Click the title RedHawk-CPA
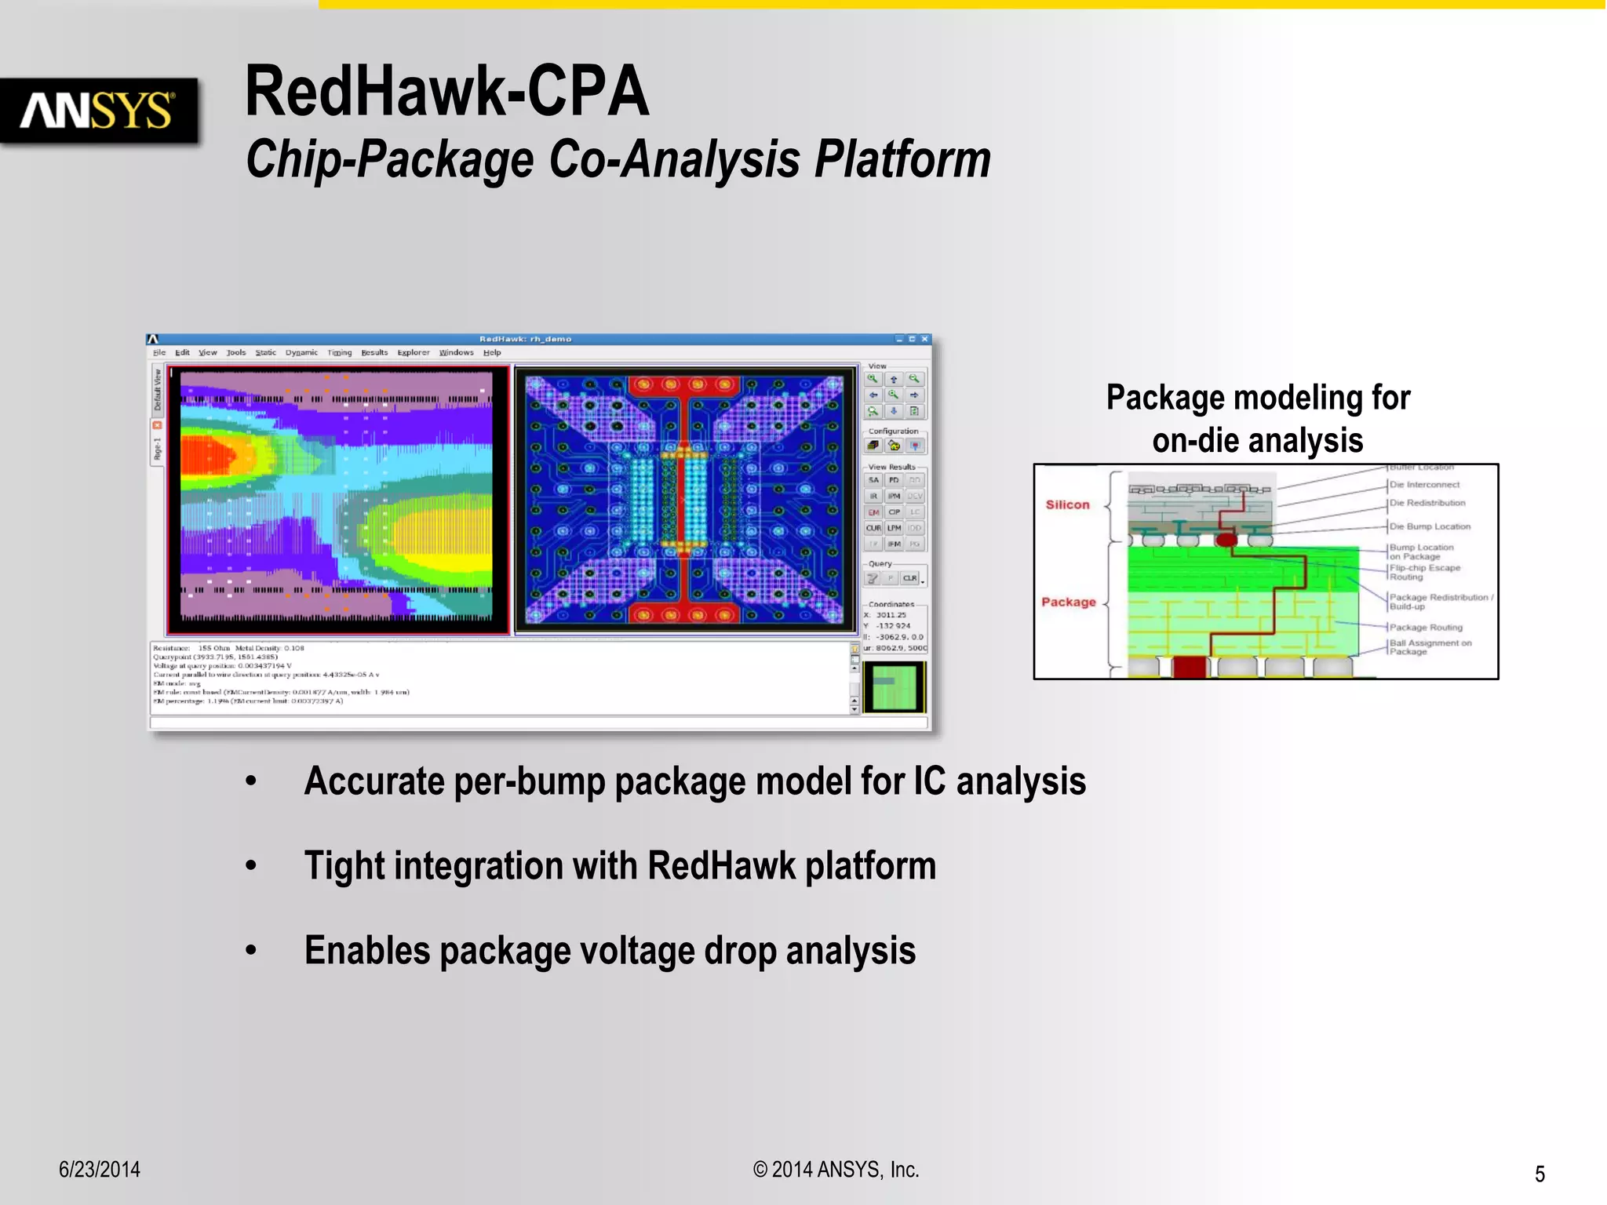[x=446, y=92]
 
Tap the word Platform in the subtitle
[x=902, y=159]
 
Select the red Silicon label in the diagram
[x=1067, y=504]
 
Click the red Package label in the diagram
[x=1068, y=602]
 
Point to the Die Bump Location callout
[x=1430, y=526]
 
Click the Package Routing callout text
[x=1426, y=627]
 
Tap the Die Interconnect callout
[x=1424, y=485]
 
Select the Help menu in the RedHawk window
[x=492, y=352]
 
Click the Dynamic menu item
[x=301, y=352]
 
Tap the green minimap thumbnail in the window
[x=895, y=686]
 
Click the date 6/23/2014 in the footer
[x=100, y=1169]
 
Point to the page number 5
[x=1540, y=1174]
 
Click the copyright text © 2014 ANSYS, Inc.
[x=836, y=1169]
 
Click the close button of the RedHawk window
[x=925, y=339]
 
